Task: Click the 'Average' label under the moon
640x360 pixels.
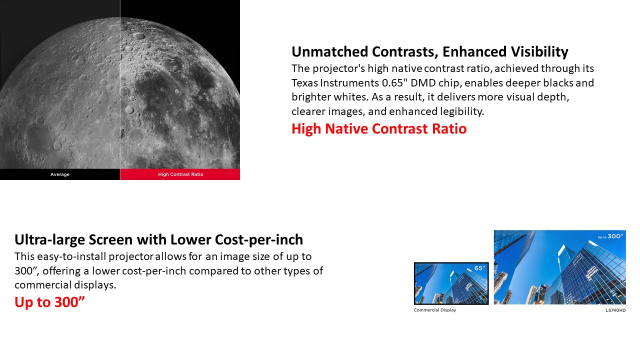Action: (x=60, y=174)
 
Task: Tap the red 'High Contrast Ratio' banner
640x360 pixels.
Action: (x=180, y=174)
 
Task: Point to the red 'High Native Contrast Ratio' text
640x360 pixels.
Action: (x=379, y=128)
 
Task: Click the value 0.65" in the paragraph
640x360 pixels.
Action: (x=395, y=83)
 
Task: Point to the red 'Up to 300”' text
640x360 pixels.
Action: (x=49, y=302)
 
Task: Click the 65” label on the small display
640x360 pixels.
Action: (x=479, y=268)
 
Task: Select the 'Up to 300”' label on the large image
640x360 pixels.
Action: (x=610, y=236)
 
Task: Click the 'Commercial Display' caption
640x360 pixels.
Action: (x=435, y=310)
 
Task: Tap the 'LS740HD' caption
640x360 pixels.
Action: (x=615, y=310)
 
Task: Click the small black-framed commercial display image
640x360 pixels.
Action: (x=451, y=283)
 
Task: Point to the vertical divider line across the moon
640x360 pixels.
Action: (x=120, y=84)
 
